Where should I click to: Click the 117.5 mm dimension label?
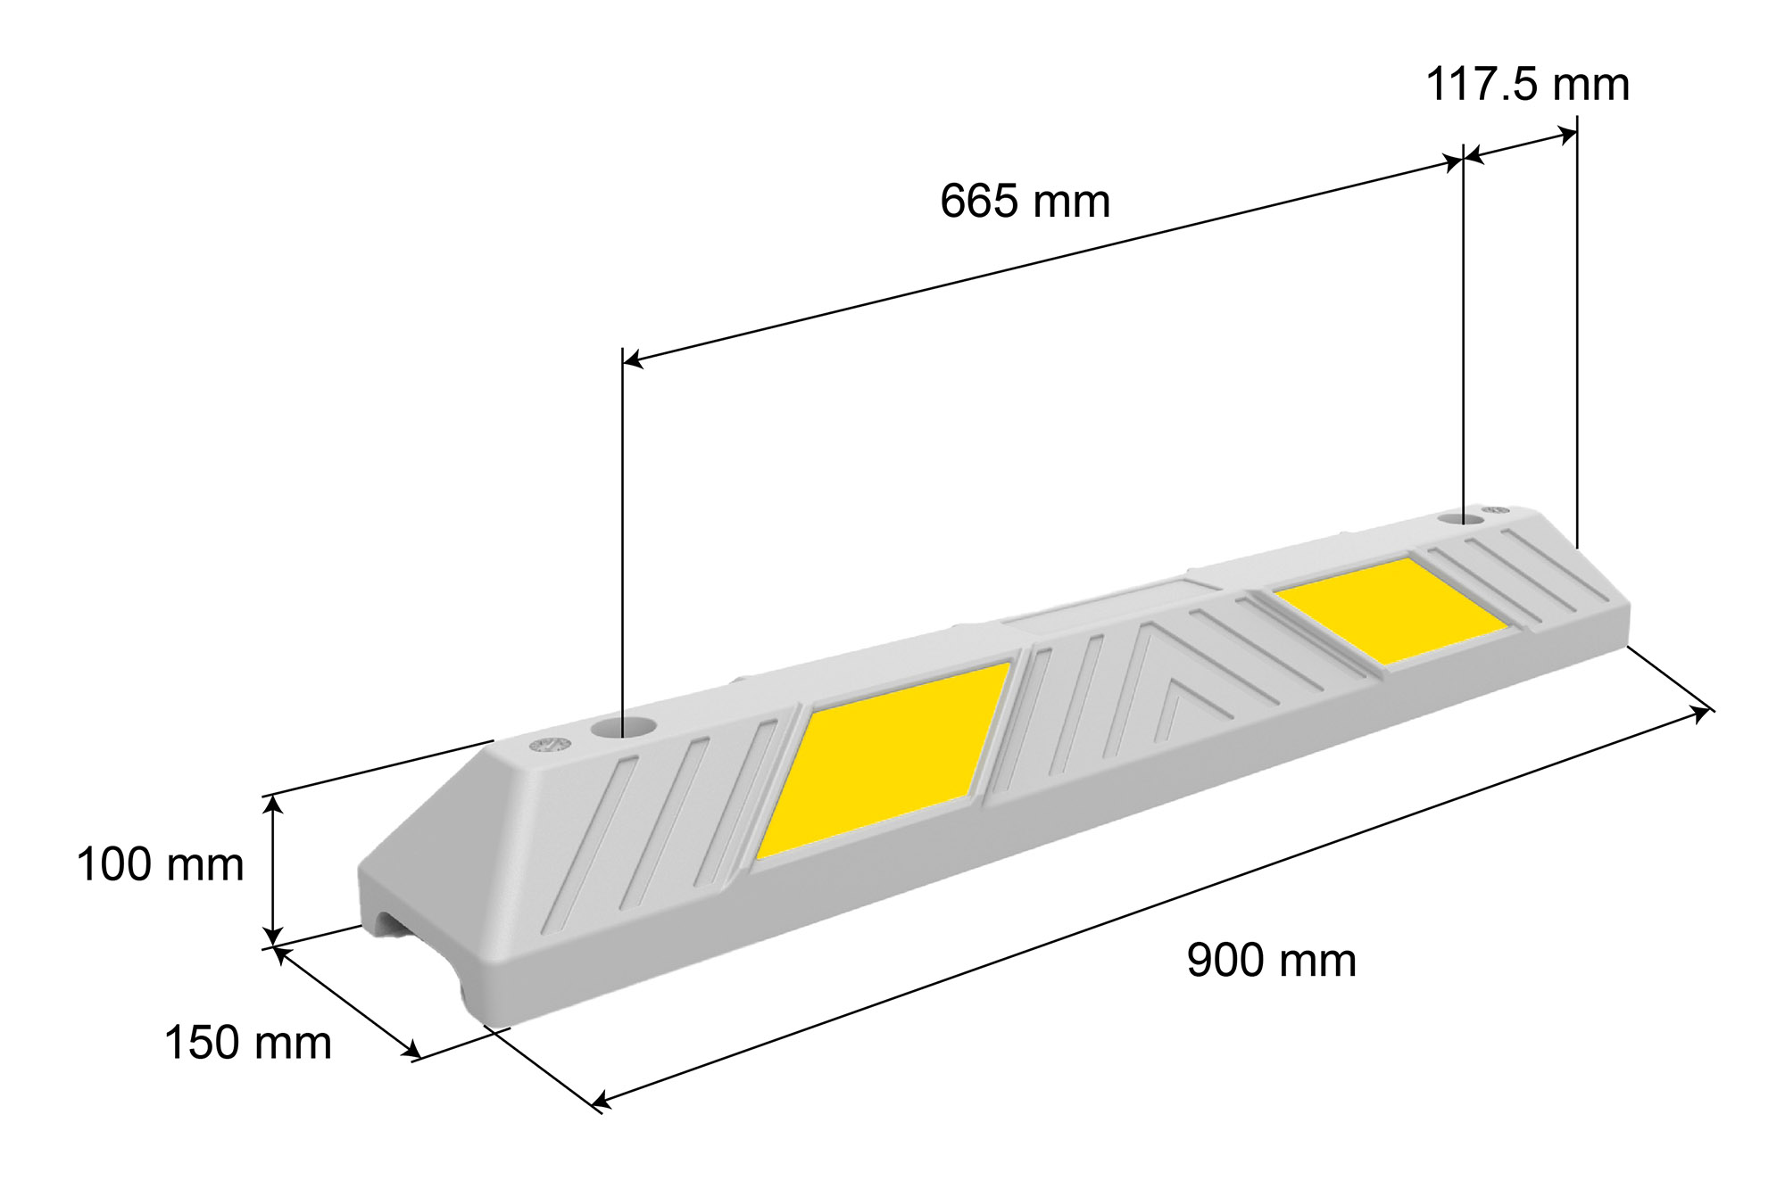[1527, 85]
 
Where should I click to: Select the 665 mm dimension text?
[1025, 201]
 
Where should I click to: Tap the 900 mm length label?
[1271, 961]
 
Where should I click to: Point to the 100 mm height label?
[161, 864]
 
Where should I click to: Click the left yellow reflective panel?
[884, 760]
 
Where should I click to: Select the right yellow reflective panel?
[1391, 611]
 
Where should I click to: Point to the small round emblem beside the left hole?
[550, 745]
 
